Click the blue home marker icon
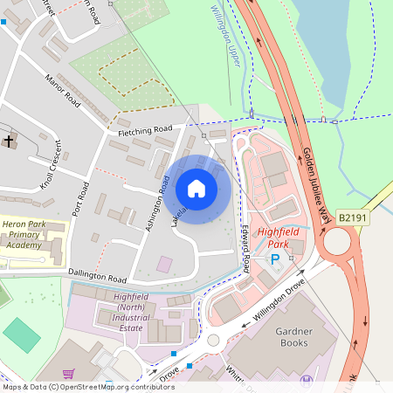click(x=196, y=189)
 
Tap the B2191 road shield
click(x=354, y=217)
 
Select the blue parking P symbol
click(x=275, y=260)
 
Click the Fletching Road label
click(x=146, y=131)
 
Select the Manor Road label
click(x=63, y=91)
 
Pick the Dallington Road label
click(x=97, y=276)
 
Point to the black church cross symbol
click(x=9, y=140)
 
